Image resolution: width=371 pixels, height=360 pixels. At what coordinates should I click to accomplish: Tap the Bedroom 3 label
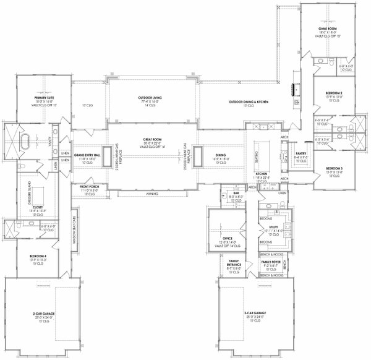point(334,168)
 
